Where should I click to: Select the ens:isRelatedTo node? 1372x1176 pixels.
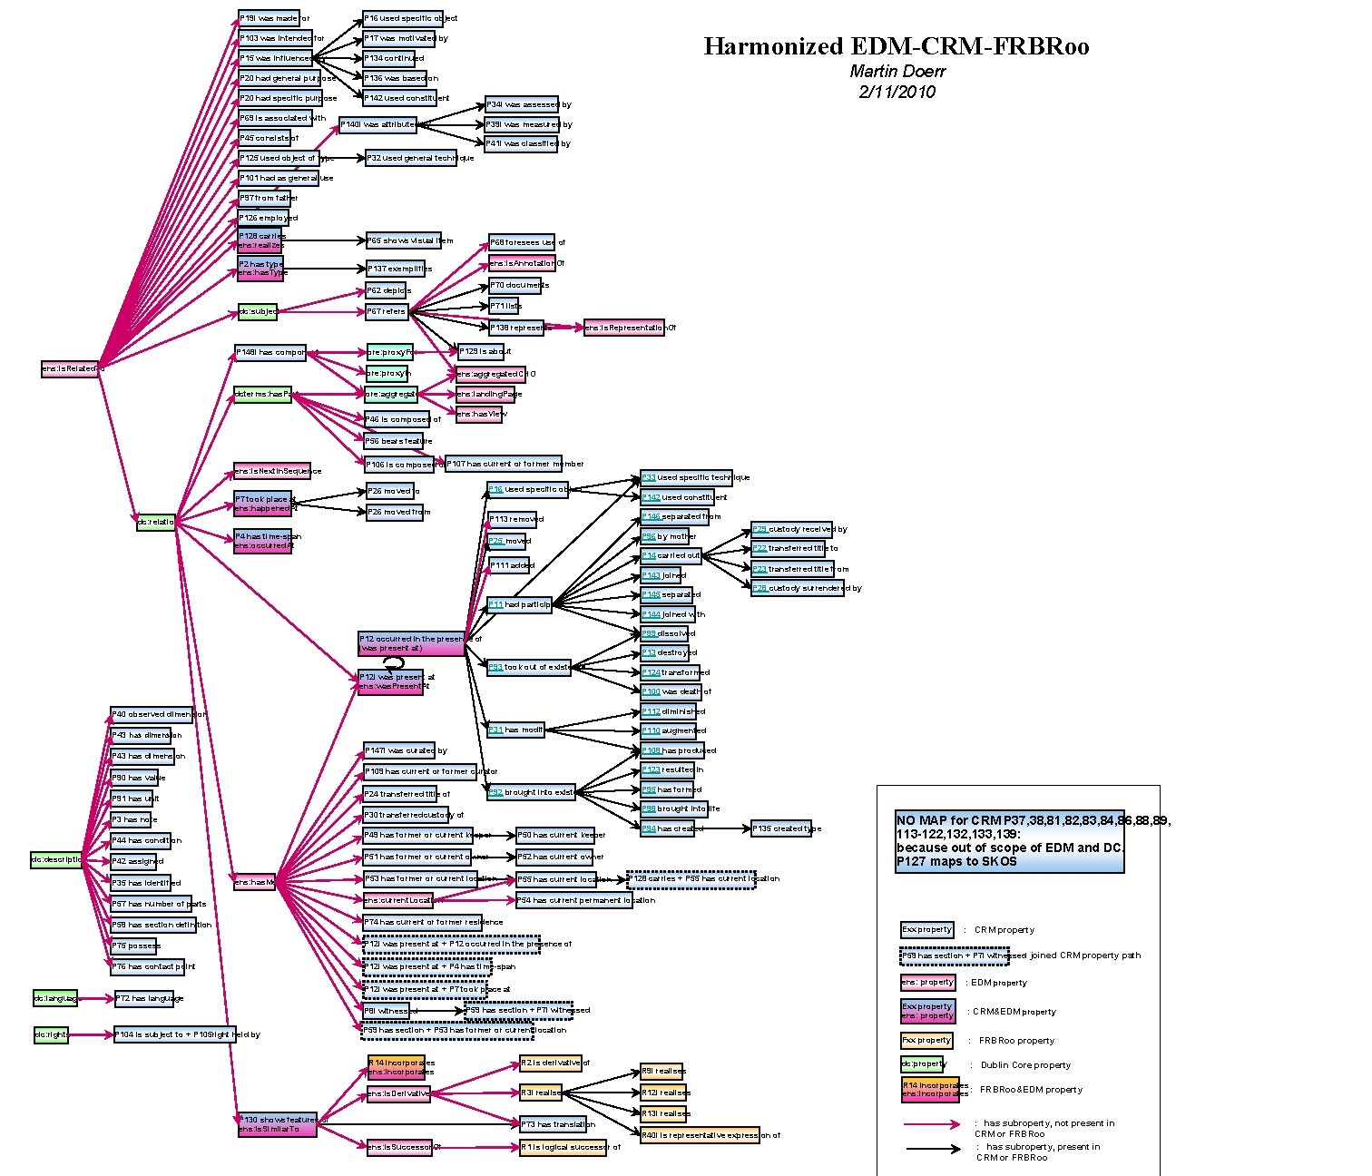[x=70, y=368]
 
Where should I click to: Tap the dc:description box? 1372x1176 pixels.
[x=57, y=859]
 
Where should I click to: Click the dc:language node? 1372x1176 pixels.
[x=55, y=998]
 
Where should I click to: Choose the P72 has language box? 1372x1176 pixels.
[x=150, y=998]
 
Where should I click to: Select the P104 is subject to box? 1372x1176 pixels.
[x=174, y=1034]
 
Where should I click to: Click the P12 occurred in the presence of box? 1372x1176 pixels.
[x=411, y=643]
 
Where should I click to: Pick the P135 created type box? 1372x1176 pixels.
[x=787, y=828]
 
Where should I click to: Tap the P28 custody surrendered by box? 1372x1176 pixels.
[x=806, y=588]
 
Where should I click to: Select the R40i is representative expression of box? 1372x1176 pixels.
[x=710, y=1135]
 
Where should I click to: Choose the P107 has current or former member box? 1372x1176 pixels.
[x=503, y=464]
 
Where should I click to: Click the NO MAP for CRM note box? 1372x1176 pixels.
[x=1009, y=841]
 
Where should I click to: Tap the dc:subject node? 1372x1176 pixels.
[x=258, y=312]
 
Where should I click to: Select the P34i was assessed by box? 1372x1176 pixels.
[x=523, y=104]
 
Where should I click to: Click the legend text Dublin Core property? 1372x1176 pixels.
[x=1025, y=1065]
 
